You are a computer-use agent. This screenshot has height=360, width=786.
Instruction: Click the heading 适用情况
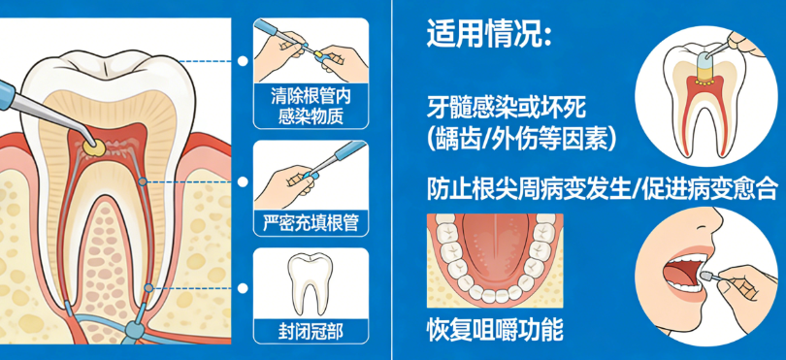coord(489,35)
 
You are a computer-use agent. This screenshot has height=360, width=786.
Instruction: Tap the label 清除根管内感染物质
coord(311,107)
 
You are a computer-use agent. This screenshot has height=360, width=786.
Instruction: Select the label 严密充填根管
coord(311,222)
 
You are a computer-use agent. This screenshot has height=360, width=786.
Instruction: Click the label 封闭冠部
coord(311,332)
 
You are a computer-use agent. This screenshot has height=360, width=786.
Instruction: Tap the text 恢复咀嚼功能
coord(495,330)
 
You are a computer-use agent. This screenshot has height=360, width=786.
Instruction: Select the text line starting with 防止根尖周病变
coord(603,189)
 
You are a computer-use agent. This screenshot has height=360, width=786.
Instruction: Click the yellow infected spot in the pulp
coord(94,147)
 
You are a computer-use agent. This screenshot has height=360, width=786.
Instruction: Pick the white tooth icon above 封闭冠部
coord(311,282)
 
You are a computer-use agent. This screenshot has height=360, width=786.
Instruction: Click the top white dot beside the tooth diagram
coord(243,61)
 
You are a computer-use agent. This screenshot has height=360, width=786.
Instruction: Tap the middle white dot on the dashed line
coord(243,181)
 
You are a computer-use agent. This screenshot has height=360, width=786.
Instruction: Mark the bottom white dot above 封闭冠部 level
coord(243,288)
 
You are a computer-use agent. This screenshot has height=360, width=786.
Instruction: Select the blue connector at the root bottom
coord(134,330)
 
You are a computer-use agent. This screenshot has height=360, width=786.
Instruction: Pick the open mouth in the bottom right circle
coord(685,273)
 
